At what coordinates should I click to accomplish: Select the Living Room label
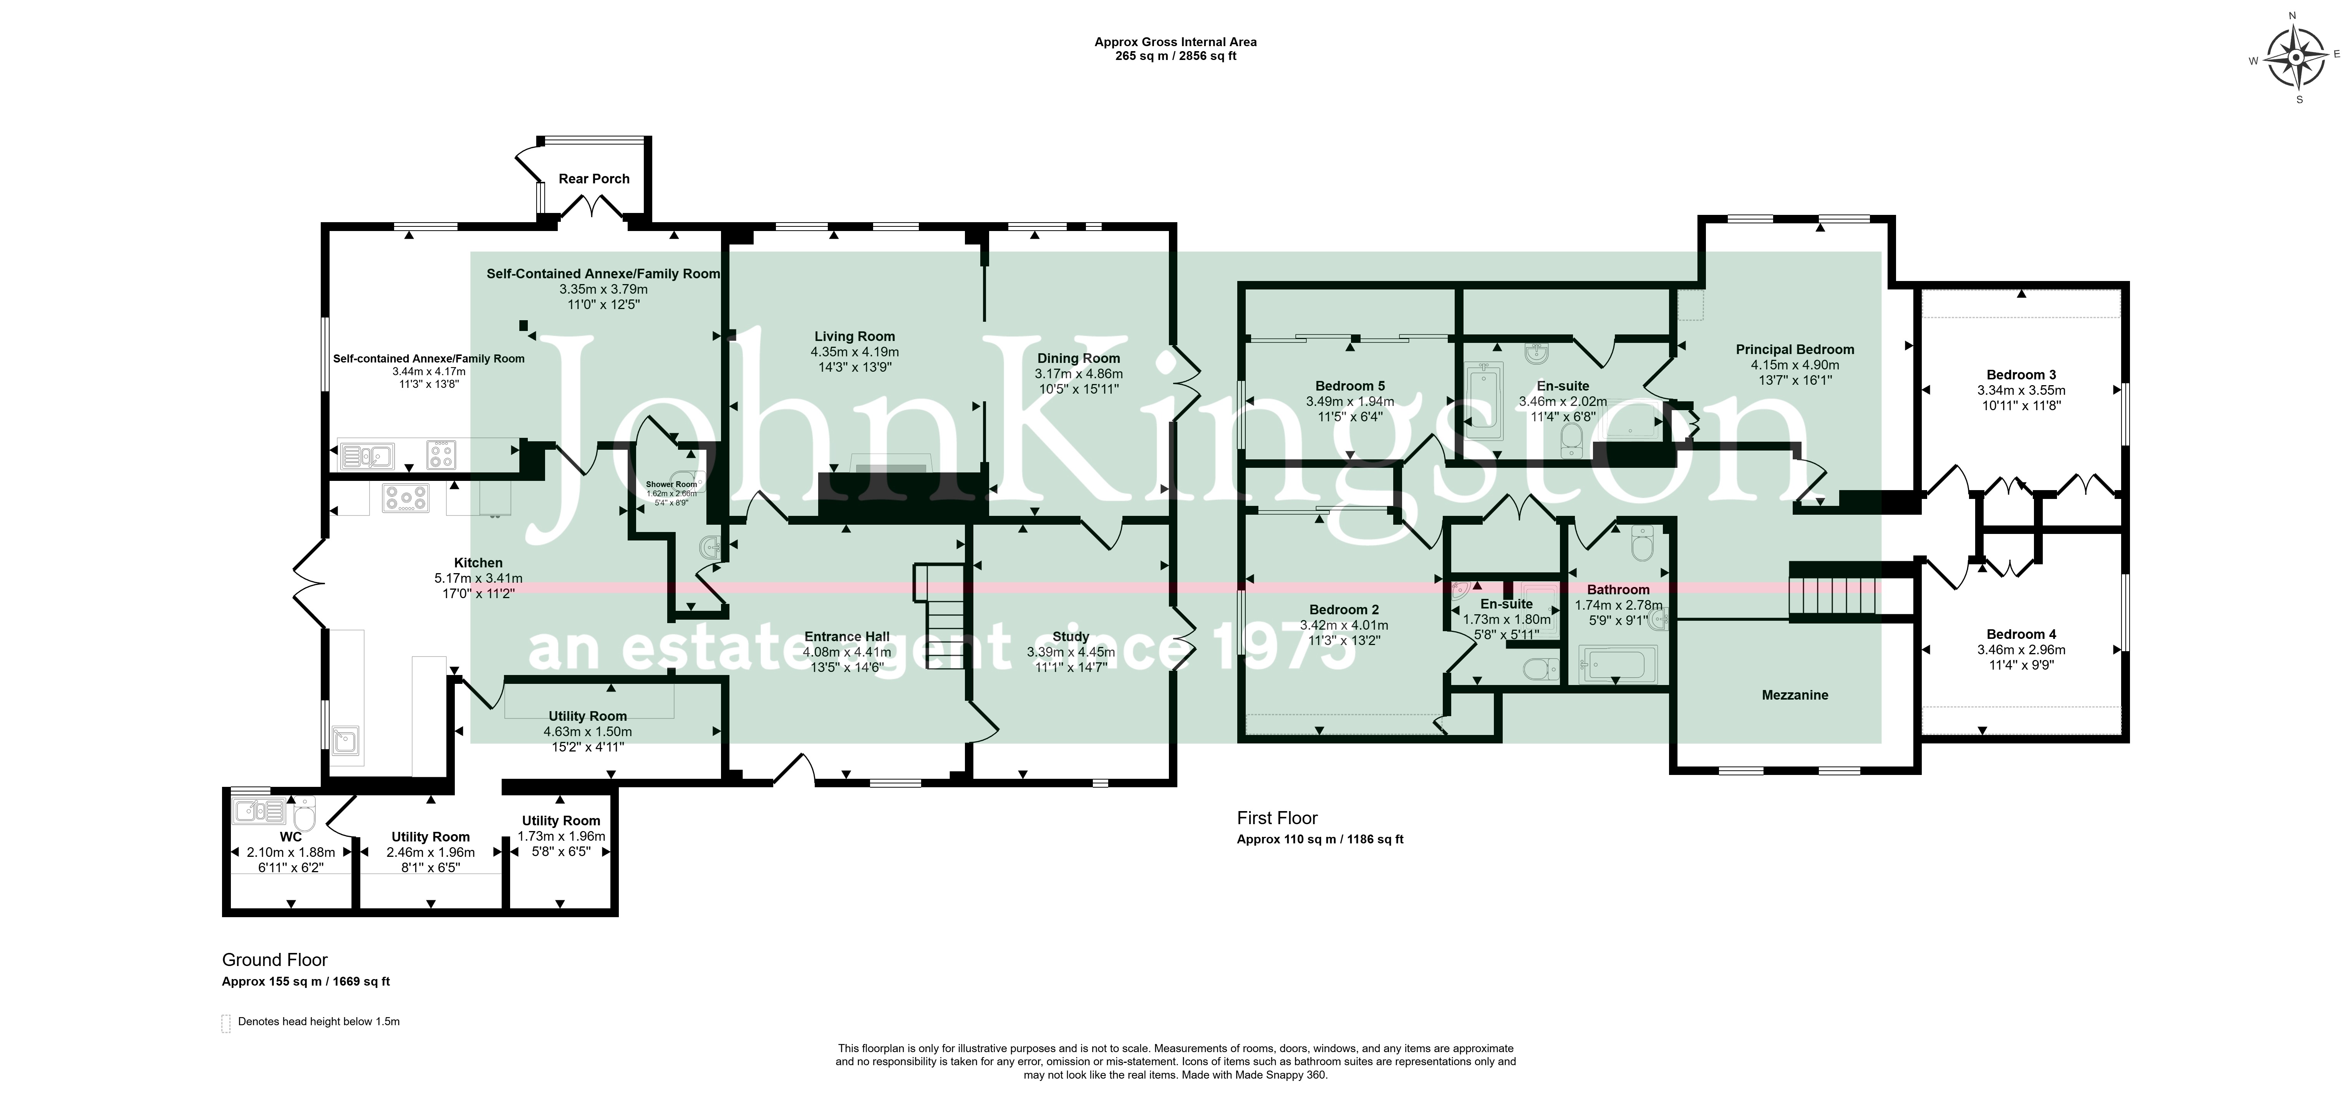(855, 336)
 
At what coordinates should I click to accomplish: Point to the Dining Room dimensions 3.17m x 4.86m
(1078, 374)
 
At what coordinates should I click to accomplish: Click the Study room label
(1071, 637)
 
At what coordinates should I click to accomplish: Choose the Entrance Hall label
(847, 637)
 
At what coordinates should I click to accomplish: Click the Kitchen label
(479, 563)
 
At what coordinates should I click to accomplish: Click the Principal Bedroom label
(1795, 349)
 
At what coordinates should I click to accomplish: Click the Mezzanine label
(1795, 695)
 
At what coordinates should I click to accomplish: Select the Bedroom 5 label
(1350, 386)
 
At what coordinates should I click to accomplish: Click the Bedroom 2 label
(1344, 609)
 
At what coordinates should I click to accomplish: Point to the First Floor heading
(1277, 818)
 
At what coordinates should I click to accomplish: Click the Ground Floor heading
(275, 960)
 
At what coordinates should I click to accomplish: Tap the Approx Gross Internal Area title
(1176, 42)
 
